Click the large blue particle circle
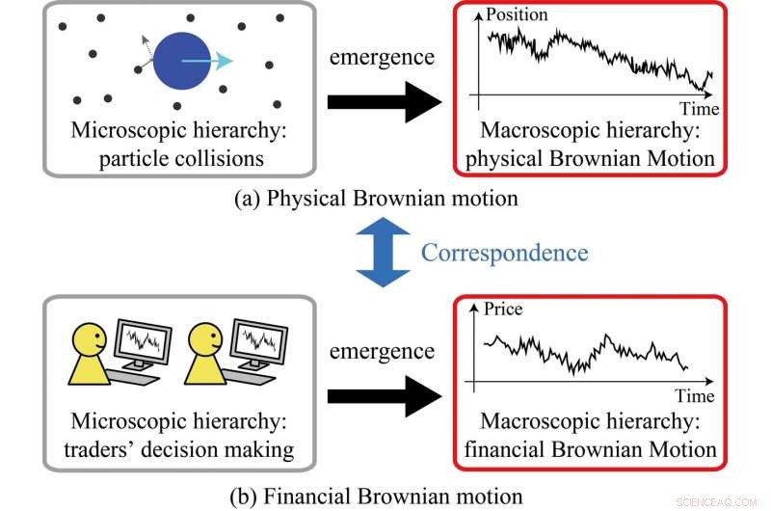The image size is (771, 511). [179, 61]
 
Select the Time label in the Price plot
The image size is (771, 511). [694, 396]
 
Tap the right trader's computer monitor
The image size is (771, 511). [258, 339]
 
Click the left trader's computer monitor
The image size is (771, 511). [143, 339]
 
